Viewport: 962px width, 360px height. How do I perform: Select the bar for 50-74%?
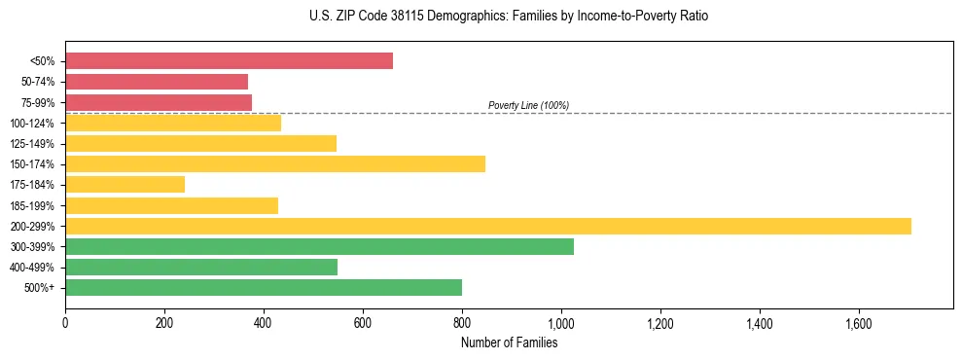click(157, 82)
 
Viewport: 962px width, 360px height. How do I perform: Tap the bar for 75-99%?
click(159, 102)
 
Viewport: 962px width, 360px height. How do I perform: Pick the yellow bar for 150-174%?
click(275, 164)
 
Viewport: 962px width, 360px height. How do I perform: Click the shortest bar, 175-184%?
click(125, 185)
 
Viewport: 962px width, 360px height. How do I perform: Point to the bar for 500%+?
click(264, 288)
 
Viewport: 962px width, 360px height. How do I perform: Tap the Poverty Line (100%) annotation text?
click(528, 105)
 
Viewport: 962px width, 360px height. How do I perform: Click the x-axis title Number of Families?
click(509, 342)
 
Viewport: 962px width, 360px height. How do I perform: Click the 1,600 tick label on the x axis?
click(859, 322)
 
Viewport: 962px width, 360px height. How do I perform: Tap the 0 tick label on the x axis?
click(65, 322)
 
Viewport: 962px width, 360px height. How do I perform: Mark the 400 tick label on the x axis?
click(264, 322)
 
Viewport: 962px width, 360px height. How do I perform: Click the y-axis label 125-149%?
click(32, 144)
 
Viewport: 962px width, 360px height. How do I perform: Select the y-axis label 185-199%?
click(32, 206)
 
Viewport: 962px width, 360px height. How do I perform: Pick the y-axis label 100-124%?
click(32, 124)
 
